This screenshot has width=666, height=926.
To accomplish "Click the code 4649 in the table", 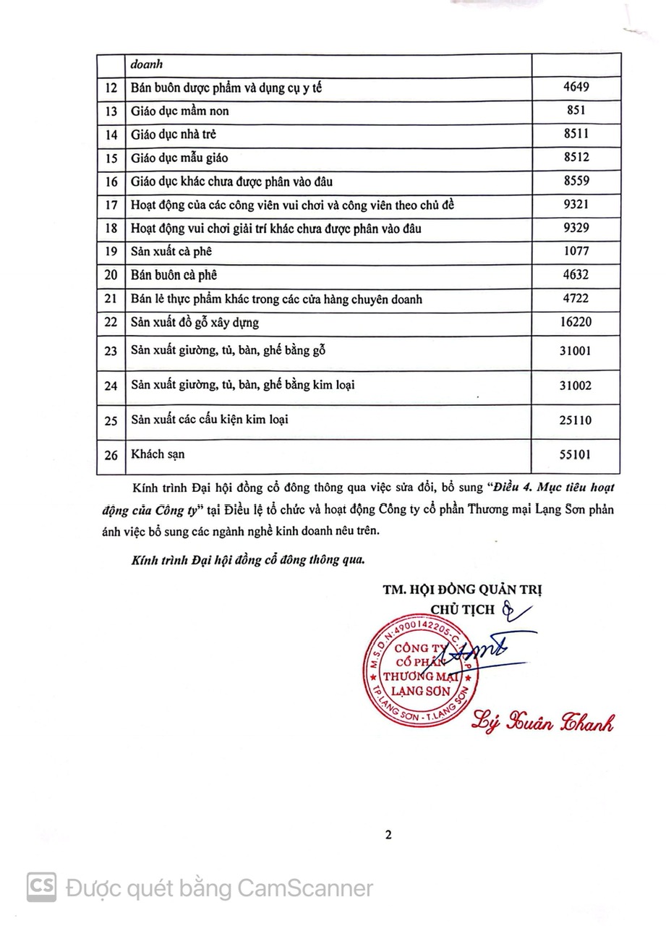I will (x=576, y=88).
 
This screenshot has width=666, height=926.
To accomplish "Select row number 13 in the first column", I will (x=111, y=111).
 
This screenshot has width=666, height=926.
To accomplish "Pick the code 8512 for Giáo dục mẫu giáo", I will (x=576, y=158).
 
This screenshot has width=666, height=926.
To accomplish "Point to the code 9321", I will (x=576, y=205).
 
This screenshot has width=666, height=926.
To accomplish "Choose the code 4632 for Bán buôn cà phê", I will (x=576, y=275).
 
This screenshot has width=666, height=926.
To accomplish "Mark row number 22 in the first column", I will (x=111, y=322).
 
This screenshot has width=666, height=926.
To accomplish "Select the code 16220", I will (x=576, y=322).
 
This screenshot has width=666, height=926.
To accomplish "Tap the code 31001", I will (x=576, y=352).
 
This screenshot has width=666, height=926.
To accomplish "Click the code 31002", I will (x=576, y=386).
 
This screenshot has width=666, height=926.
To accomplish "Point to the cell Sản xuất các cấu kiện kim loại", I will (x=210, y=419).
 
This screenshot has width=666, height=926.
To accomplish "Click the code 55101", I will (x=576, y=455).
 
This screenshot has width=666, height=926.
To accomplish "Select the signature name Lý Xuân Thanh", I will (x=542, y=721).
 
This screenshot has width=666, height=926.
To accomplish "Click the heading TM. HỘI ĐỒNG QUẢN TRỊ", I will (x=463, y=590).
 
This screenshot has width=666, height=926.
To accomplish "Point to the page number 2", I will (x=388, y=834).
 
